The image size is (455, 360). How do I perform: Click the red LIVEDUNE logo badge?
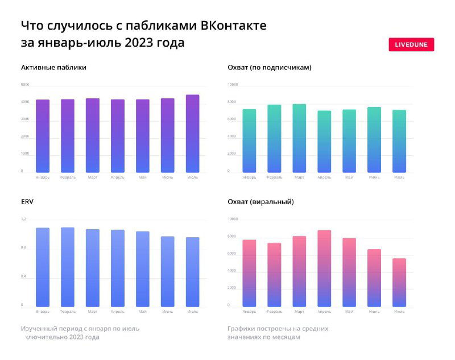coord(411,44)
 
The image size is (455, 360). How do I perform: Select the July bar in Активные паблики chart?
coord(192,133)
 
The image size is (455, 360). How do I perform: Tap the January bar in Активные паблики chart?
coord(43,136)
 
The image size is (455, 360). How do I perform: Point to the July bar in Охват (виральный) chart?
coord(399,282)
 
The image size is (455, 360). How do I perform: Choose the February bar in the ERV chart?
coord(68,267)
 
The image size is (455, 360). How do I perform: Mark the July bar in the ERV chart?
coord(192,271)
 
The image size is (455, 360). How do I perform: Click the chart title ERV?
coord(27,201)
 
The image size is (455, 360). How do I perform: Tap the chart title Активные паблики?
coord(53,68)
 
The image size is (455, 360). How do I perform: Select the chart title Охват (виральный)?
coord(260,201)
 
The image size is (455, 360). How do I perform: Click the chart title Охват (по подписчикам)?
coord(269,68)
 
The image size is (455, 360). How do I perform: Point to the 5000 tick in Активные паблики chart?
coord(25,85)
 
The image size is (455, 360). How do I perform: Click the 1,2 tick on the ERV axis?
coord(23,219)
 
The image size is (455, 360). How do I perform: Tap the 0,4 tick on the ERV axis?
coord(23,276)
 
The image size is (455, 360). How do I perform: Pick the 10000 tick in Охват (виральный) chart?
coord(233,219)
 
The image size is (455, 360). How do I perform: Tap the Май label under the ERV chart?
coord(142,312)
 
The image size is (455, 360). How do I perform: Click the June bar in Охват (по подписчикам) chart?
coord(374,139)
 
